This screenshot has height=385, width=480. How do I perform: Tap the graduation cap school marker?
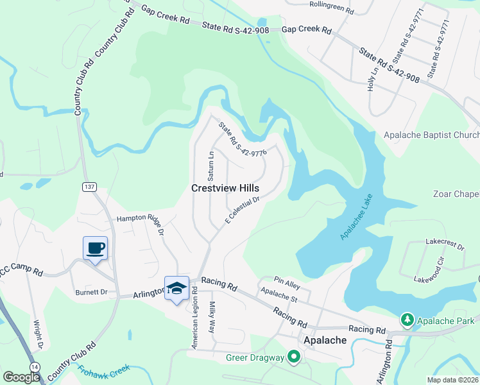176,288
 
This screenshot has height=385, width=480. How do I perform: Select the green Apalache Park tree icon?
406,319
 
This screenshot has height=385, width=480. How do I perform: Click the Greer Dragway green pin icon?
294,355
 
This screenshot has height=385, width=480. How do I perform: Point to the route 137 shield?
89,186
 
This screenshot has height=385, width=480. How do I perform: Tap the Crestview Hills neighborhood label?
225,188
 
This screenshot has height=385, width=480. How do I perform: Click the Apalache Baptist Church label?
431,135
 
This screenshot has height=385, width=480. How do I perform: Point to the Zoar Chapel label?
456,194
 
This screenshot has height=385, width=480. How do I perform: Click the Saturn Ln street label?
210,166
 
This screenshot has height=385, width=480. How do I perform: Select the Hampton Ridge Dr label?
141,219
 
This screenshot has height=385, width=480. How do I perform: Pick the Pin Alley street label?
287,281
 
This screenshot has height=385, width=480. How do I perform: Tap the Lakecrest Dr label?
445,243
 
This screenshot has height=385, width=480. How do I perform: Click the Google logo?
21,377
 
